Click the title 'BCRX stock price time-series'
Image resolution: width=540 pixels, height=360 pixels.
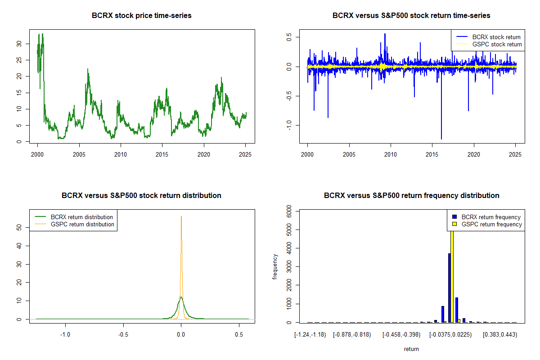pyautogui.click(x=141, y=16)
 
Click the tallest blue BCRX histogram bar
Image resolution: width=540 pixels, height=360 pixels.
pyautogui.click(x=449, y=288)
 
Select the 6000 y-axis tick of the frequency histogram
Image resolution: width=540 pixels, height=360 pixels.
pyautogui.click(x=289, y=211)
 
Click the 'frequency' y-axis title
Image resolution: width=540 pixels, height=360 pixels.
pyautogui.click(x=275, y=267)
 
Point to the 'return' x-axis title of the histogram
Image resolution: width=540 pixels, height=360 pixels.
pyautogui.click(x=411, y=349)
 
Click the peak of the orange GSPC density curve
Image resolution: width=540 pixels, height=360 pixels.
pyautogui.click(x=181, y=216)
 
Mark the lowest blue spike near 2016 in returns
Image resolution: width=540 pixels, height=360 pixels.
pyautogui.click(x=441, y=139)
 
